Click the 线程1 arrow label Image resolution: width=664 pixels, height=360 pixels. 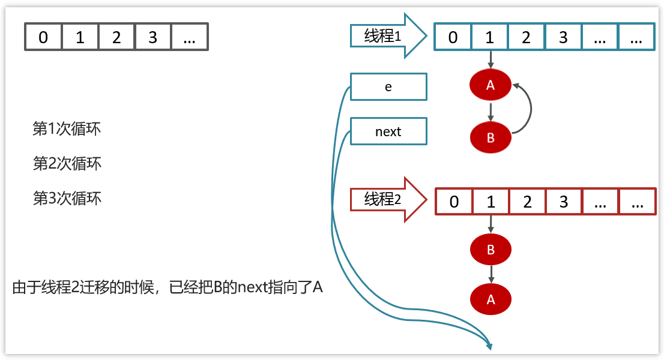[x=383, y=37]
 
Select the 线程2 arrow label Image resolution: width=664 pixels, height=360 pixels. [x=383, y=200]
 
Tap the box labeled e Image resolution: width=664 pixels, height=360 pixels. [x=388, y=87]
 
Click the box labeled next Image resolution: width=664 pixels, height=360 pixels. [x=388, y=132]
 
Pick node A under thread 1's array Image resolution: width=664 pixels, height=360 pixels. [x=490, y=86]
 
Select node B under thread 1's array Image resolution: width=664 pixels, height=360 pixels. [x=490, y=137]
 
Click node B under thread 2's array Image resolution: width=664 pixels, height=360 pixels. [x=491, y=250]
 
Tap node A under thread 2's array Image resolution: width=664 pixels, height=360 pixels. [x=491, y=299]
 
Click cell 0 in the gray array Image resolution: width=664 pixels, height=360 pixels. [x=43, y=37]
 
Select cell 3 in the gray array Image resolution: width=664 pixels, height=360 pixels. [x=152, y=37]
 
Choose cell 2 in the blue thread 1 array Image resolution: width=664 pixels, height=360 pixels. [x=526, y=37]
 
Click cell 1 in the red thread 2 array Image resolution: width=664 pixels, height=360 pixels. [x=491, y=202]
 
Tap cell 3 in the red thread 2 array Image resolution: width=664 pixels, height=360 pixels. [x=564, y=202]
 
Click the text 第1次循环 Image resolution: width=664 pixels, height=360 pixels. [x=67, y=129]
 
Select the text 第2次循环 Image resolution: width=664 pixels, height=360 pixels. [x=67, y=163]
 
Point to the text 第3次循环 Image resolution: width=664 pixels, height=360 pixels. [x=67, y=198]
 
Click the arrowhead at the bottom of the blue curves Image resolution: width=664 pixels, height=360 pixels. [x=489, y=346]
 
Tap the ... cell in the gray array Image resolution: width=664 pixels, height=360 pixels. [x=189, y=37]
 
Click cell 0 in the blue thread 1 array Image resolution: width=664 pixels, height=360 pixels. [x=453, y=37]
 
